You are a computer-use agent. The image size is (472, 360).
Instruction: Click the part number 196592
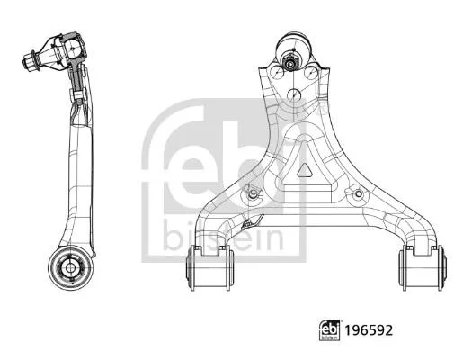369,330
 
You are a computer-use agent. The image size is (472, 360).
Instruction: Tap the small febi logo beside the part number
329,330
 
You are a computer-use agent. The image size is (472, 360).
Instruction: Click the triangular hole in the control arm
305,170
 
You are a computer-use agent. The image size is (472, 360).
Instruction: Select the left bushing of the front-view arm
210,268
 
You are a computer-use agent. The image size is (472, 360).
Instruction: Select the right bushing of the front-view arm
423,268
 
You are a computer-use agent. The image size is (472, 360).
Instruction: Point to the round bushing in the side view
70,268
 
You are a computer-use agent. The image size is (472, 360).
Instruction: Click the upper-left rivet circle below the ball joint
277,72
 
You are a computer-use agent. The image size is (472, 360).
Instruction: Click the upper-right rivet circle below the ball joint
311,72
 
